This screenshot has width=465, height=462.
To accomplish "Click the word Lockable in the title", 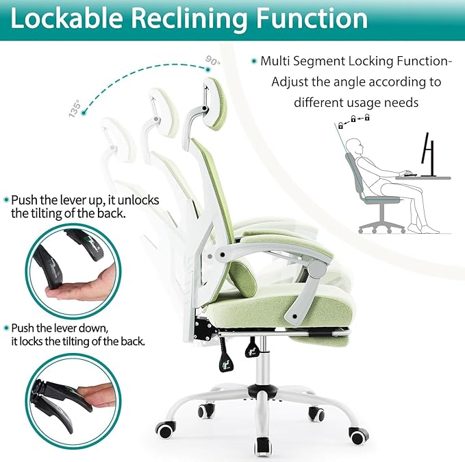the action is click(x=66, y=18).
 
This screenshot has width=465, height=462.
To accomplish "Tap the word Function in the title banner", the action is click(x=312, y=18).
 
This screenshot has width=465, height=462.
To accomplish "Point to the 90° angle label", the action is click(x=213, y=61).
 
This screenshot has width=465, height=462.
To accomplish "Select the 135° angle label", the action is click(x=75, y=108).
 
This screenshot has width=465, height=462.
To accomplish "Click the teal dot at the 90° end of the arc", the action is click(x=208, y=70).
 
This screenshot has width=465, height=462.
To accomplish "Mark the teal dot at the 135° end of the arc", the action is click(x=84, y=113).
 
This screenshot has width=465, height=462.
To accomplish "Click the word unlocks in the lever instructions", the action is click(x=138, y=200).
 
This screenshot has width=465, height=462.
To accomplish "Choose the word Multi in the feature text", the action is click(x=273, y=62).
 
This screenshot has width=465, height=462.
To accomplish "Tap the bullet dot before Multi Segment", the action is click(x=254, y=61).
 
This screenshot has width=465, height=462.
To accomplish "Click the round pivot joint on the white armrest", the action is click(x=316, y=269).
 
